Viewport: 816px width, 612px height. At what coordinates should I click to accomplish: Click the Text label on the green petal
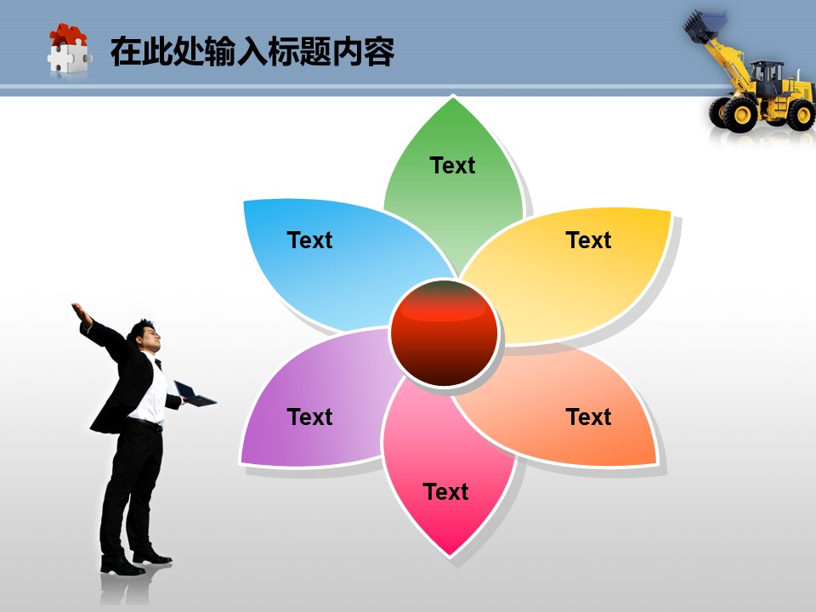pyautogui.click(x=452, y=166)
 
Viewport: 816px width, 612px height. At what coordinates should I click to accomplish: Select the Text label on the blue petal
pyautogui.click(x=309, y=240)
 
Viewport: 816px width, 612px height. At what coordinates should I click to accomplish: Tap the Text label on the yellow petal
pyautogui.click(x=588, y=240)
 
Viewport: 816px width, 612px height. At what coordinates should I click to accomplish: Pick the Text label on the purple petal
pyautogui.click(x=309, y=416)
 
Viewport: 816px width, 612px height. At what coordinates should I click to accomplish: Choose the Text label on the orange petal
pyautogui.click(x=588, y=416)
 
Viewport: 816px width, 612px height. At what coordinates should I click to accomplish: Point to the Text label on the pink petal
pyautogui.click(x=445, y=492)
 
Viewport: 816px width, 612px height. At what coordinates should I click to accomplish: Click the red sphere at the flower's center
pyautogui.click(x=444, y=333)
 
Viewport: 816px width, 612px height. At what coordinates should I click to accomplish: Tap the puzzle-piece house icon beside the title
pyautogui.click(x=69, y=50)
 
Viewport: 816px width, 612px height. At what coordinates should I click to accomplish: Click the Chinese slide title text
pyautogui.click(x=252, y=52)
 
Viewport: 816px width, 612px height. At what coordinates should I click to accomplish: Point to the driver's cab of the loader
pyautogui.click(x=766, y=78)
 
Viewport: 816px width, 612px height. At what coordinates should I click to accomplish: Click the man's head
pyautogui.click(x=144, y=335)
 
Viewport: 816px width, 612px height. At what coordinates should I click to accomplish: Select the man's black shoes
pyautogui.click(x=135, y=564)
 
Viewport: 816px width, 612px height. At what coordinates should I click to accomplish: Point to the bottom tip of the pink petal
pyautogui.click(x=450, y=556)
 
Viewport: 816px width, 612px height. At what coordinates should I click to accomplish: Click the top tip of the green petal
pyautogui.click(x=453, y=98)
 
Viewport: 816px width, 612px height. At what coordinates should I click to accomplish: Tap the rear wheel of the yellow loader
pyautogui.click(x=802, y=115)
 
